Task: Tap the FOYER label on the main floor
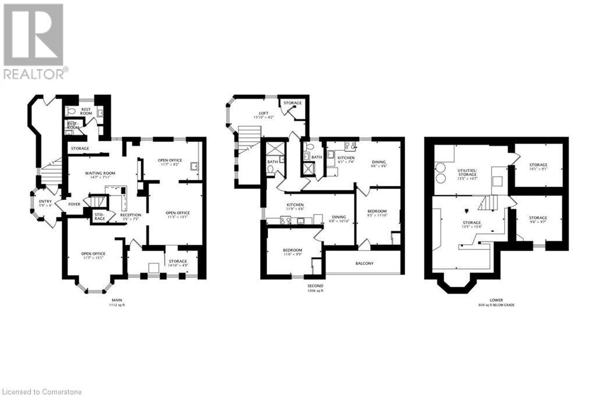(74, 204)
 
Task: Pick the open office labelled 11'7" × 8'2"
(171, 162)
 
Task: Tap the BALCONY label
(364, 263)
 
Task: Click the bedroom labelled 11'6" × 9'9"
(293, 251)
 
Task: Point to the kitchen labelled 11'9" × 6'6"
(295, 207)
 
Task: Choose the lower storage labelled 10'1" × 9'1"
(538, 167)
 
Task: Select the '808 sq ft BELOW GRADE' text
(496, 305)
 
